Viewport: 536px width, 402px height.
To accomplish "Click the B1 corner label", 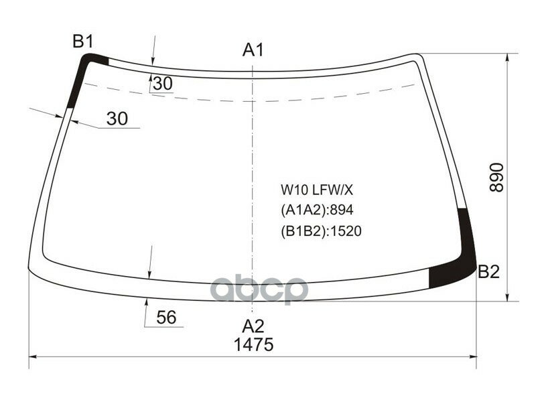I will coord(82,42).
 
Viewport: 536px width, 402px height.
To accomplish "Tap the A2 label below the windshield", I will coord(253,326).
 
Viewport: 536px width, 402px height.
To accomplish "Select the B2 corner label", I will coord(488,272).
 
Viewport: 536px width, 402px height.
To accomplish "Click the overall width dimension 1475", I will coord(253,345).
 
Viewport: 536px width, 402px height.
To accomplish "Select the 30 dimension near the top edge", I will coord(162,84).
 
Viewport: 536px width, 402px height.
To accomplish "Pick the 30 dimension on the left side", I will coord(117,119).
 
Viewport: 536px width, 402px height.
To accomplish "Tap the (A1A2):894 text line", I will coord(316,210).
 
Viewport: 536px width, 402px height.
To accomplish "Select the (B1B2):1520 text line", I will coord(321,231).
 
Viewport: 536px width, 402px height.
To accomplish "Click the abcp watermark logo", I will coord(259,290).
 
